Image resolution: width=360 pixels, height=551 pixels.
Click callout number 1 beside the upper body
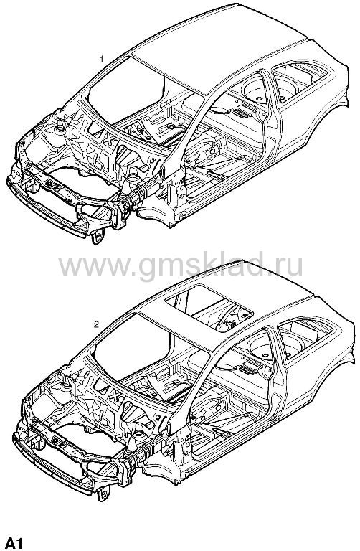pos(102,59)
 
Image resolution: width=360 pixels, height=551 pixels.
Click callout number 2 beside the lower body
pos(96,324)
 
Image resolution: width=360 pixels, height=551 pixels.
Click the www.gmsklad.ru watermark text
pos(181,266)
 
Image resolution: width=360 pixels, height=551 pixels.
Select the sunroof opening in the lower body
pos(209,309)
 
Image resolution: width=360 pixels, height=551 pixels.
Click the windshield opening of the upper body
pos(126,90)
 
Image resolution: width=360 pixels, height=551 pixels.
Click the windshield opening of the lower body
pos(133,346)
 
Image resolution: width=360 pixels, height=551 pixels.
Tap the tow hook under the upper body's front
pos(98,236)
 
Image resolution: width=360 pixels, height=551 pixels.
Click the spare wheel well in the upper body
pos(260,90)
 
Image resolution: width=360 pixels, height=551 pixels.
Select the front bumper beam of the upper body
pos(47,208)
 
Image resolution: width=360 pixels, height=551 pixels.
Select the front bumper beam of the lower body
pos(52,465)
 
